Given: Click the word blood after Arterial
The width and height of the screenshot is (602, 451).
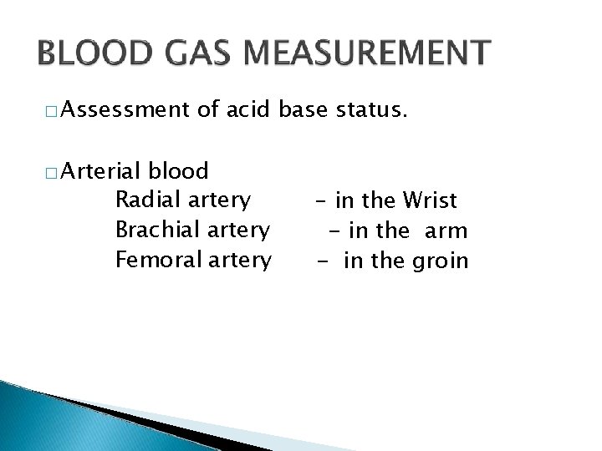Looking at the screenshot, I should click(178, 172).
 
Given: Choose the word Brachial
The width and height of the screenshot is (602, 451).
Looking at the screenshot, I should click(155, 229).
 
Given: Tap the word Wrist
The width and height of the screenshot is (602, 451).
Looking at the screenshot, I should click(430, 200).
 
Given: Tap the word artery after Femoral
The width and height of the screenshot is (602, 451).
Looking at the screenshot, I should click(242, 261).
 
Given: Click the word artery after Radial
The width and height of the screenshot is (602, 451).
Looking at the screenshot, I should click(219, 201).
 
